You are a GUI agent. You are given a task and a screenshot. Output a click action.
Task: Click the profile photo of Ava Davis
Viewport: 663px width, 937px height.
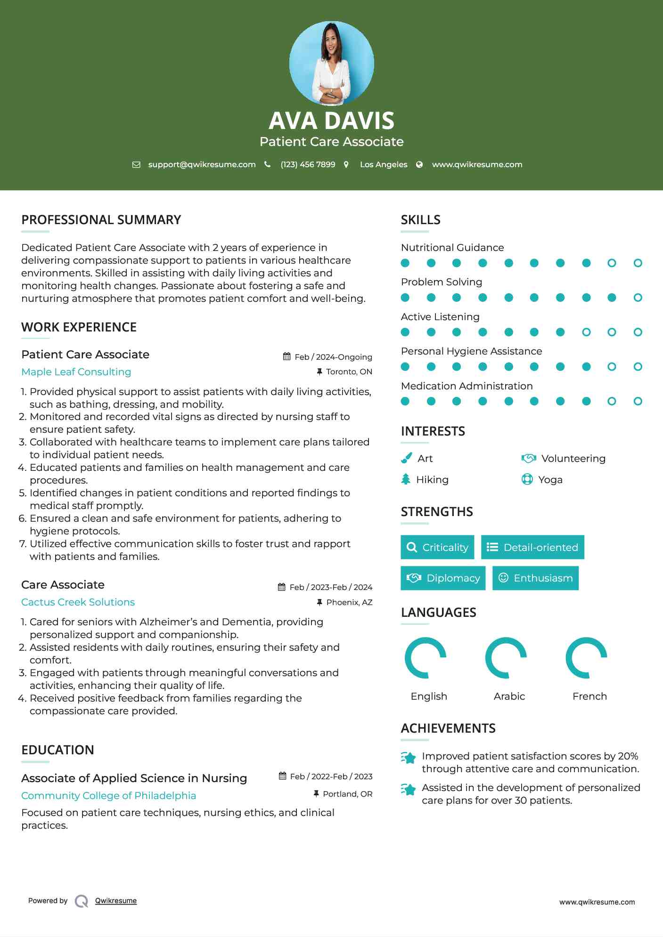(331, 63)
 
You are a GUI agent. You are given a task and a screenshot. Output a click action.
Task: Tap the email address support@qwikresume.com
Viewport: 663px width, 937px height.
(202, 164)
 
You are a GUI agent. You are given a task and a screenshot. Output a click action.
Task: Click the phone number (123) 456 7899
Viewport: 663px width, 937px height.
(308, 164)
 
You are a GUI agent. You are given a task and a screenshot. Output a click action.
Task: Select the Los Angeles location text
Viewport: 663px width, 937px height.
(383, 164)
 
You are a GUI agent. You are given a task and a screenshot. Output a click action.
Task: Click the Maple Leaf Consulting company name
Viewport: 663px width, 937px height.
(76, 372)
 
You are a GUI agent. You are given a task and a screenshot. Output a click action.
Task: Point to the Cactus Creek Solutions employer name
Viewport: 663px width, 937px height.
(78, 602)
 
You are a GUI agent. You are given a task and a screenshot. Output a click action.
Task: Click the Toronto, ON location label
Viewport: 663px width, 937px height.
(349, 372)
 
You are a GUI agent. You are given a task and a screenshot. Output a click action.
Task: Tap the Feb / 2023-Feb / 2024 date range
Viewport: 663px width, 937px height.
(330, 587)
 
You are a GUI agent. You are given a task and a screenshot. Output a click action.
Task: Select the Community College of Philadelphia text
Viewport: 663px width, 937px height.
(108, 795)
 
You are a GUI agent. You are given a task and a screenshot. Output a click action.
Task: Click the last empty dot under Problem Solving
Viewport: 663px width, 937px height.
(638, 298)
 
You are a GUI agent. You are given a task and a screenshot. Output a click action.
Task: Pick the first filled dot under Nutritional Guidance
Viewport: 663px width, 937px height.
(405, 263)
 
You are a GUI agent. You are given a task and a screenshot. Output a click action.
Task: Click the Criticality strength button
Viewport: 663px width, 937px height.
(437, 547)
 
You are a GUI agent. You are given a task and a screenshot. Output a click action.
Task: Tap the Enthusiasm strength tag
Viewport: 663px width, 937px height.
(535, 578)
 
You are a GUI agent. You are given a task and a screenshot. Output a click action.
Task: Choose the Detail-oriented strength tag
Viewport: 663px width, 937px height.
(532, 547)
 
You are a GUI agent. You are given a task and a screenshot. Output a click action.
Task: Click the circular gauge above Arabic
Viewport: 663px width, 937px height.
(506, 658)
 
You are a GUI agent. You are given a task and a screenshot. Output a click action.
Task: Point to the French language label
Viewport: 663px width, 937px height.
(589, 696)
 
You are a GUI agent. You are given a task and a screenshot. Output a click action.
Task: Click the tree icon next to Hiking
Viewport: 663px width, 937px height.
(406, 479)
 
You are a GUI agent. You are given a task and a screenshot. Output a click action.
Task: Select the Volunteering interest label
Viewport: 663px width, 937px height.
(573, 458)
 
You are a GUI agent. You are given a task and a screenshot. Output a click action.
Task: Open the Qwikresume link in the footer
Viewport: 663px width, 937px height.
(116, 900)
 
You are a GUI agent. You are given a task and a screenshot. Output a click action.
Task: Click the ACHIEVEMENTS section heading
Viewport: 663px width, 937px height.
(448, 728)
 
